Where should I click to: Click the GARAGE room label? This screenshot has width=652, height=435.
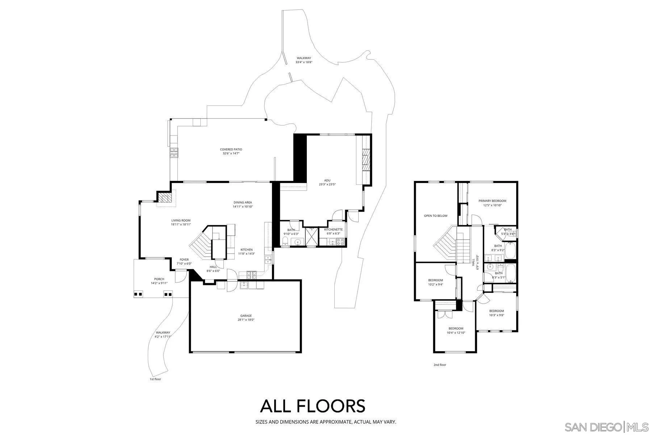pos(246,316)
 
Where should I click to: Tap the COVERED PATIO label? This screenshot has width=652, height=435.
pos(231,149)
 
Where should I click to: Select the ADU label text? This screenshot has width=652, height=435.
pos(327,180)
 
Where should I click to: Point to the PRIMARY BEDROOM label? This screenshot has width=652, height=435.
pos(492,201)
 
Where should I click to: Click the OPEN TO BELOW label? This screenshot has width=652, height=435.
pos(436,216)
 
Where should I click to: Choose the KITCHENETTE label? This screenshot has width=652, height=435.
pos(333,229)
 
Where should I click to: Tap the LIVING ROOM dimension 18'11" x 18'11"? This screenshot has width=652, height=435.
pos(181,224)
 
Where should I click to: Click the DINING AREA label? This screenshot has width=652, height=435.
pos(243,202)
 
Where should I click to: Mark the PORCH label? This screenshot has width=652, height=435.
pos(159,279)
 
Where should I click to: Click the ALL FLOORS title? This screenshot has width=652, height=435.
pos(312,406)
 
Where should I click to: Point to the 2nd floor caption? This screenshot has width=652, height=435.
pos(440,365)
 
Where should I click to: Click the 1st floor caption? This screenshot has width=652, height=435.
pos(155,379)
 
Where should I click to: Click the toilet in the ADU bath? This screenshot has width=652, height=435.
pos(285,241)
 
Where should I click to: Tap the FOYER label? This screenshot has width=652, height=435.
pos(184,260)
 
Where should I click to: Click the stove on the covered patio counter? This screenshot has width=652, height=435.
pos(174,153)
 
